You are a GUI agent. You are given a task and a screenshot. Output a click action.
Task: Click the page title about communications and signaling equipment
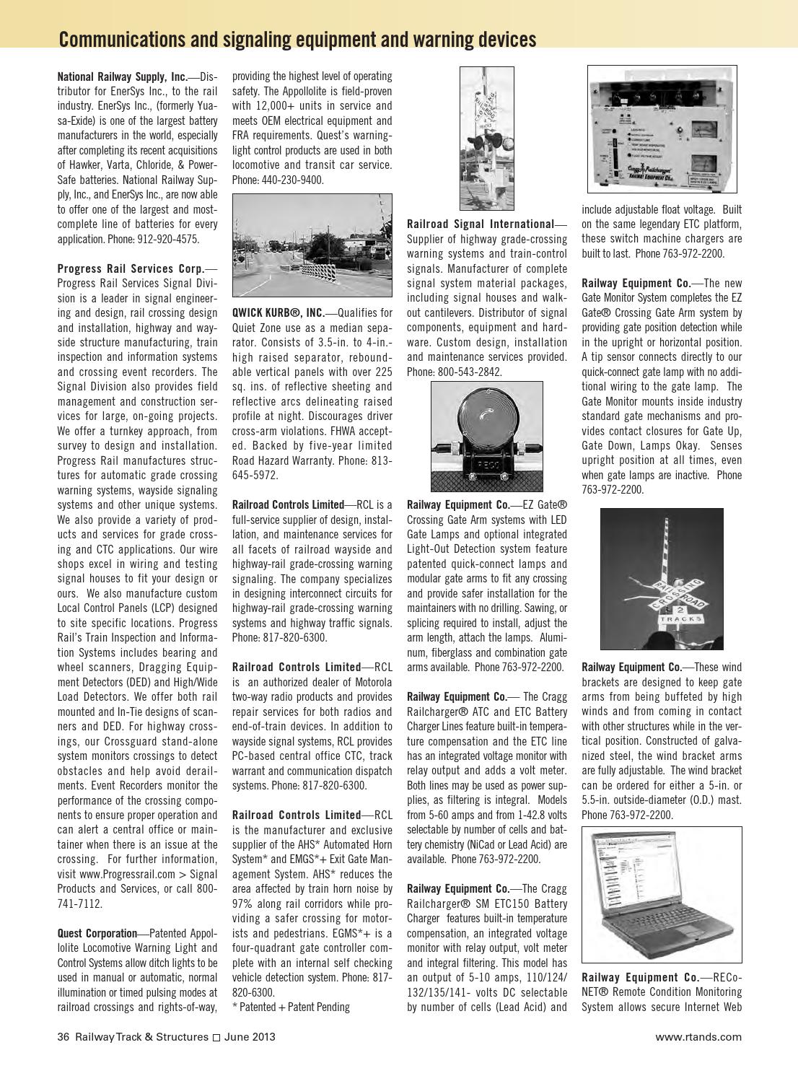297,39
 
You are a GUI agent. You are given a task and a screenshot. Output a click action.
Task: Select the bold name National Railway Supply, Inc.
122,76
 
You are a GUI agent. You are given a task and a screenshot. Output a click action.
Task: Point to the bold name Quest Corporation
97,933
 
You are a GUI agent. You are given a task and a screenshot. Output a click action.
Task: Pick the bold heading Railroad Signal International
480,224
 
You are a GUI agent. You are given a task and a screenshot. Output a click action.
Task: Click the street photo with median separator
312,245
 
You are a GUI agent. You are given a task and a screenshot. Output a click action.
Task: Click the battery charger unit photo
662,129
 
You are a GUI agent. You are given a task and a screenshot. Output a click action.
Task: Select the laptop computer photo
662,895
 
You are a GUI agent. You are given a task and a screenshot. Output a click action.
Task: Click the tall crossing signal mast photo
487,138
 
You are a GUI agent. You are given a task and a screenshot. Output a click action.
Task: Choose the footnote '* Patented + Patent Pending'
291,1007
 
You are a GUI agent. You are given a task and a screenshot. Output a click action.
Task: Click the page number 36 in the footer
63,1037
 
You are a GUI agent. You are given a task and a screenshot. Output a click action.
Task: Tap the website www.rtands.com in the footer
698,1037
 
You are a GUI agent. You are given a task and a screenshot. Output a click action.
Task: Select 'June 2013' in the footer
250,1037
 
